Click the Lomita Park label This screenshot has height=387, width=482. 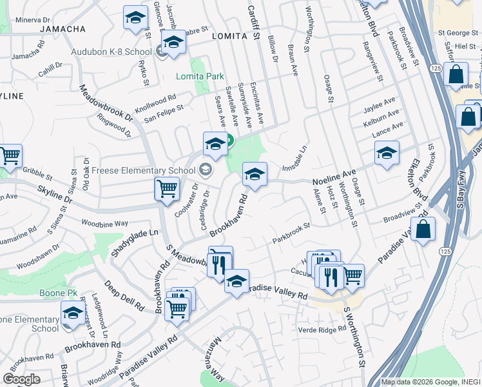(200, 76)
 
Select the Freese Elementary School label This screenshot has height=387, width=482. (144, 170)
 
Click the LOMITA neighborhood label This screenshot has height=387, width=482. (230, 37)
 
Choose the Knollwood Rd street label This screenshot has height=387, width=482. (155, 102)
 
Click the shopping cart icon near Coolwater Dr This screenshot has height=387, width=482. (167, 190)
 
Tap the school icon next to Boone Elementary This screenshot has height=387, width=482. (73, 314)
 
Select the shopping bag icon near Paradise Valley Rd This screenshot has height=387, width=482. (423, 230)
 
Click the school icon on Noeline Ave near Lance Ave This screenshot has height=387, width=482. (386, 153)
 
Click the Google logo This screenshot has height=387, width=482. (22, 379)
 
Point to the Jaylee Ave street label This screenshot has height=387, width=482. (379, 103)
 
